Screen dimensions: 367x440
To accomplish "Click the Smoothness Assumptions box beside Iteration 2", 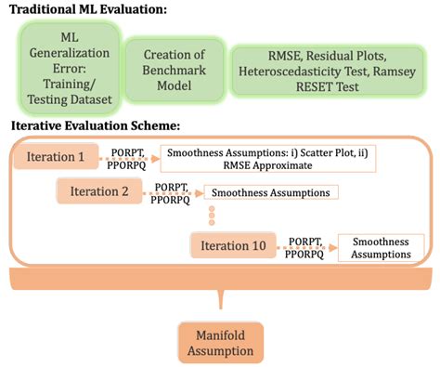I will (270, 193).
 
